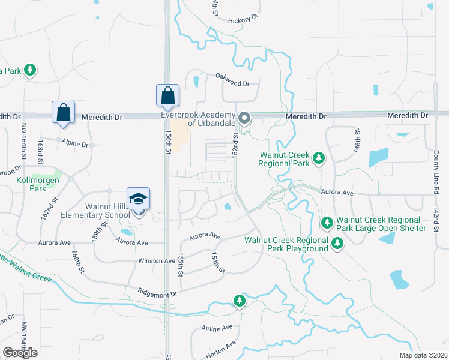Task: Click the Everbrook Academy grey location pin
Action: pos(244,118)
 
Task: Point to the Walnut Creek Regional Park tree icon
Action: pos(319,158)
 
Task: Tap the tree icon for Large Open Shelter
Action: pos(327,223)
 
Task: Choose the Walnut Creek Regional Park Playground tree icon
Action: pos(337,243)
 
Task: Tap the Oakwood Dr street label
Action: pos(232,76)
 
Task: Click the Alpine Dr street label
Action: pos(76,145)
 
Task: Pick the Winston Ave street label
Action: pos(157,261)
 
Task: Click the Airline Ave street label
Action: pos(217,328)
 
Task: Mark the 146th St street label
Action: pos(357,141)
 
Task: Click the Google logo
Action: pos(20,353)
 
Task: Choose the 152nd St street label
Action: pos(236,145)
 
